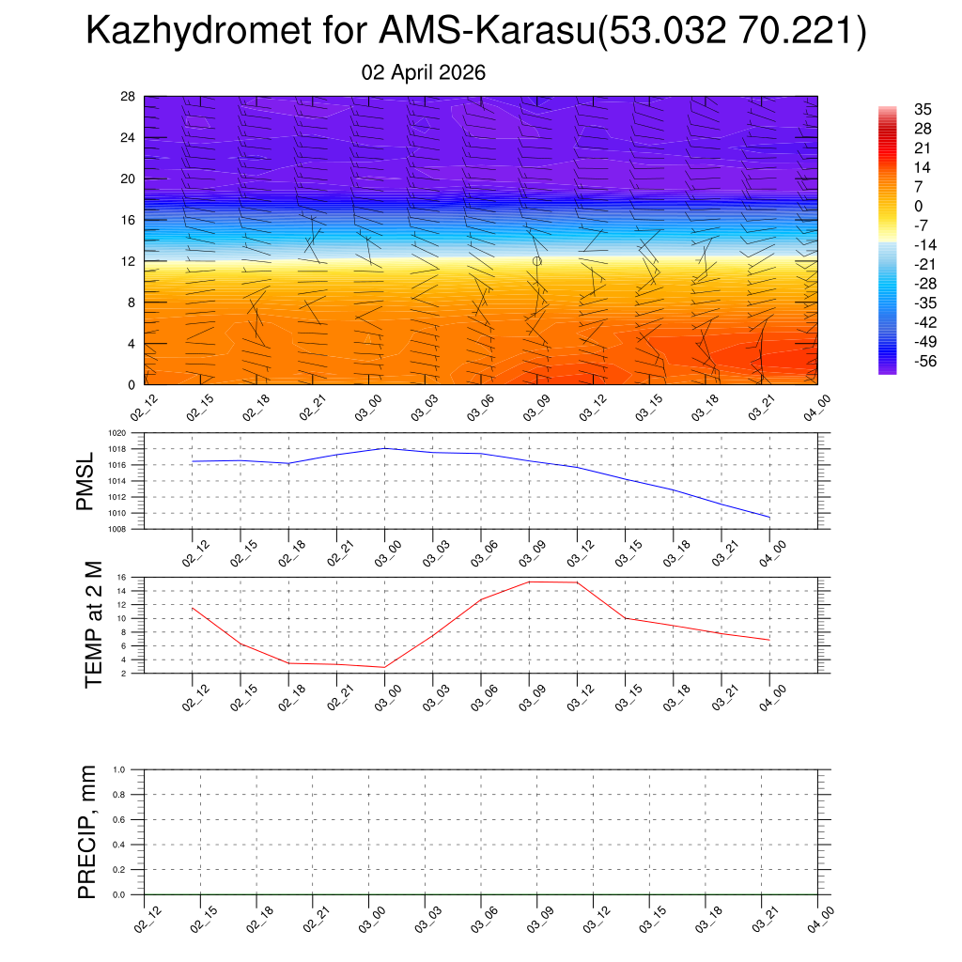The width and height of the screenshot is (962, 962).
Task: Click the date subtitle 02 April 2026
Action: [x=424, y=72]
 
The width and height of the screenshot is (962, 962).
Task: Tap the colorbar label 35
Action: [x=923, y=108]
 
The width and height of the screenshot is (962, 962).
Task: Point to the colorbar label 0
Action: [x=922, y=206]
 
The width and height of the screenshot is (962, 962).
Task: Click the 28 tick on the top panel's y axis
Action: [x=129, y=97]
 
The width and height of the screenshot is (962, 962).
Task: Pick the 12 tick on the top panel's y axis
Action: [x=129, y=261]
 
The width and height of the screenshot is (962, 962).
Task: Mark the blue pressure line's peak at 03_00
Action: [x=384, y=448]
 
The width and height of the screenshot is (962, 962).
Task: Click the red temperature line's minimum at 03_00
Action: [x=384, y=667]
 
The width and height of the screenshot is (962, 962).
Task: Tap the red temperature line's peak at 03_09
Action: [x=529, y=582]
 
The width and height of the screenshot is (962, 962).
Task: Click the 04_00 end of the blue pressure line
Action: [x=769, y=518]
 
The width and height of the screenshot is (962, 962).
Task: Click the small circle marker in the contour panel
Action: [x=536, y=260]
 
